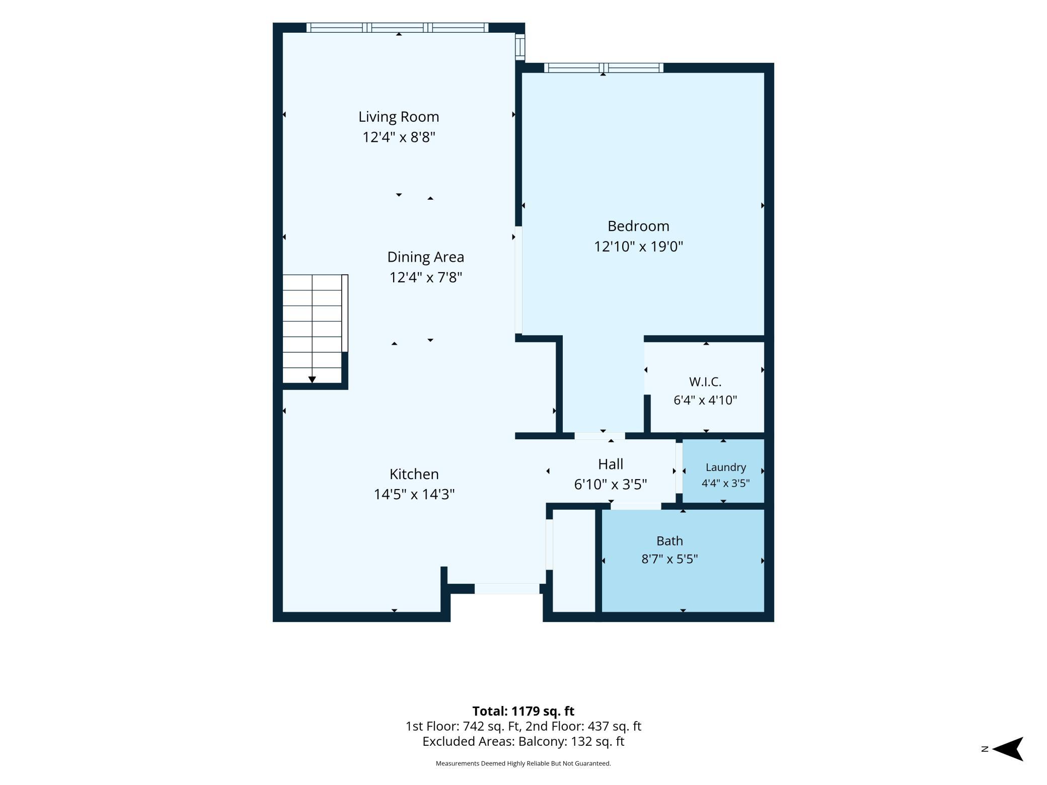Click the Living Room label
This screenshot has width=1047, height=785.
pyautogui.click(x=399, y=117)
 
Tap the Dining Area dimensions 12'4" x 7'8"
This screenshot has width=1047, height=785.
pyautogui.click(x=425, y=277)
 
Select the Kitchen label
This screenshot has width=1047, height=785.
pyautogui.click(x=414, y=474)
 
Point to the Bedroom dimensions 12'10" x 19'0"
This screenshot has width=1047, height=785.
pyautogui.click(x=638, y=247)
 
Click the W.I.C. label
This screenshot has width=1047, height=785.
pyautogui.click(x=705, y=382)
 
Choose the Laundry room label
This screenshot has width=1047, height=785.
pyautogui.click(x=725, y=467)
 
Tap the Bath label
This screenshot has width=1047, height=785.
pyautogui.click(x=669, y=541)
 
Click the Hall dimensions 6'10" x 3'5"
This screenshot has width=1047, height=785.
pyautogui.click(x=611, y=484)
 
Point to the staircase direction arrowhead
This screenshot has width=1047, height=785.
pyautogui.click(x=312, y=379)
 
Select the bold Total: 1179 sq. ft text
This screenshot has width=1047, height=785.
pyautogui.click(x=523, y=711)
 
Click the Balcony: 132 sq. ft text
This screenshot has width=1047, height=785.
pyautogui.click(x=571, y=741)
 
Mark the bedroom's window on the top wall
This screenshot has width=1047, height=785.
pyautogui.click(x=604, y=68)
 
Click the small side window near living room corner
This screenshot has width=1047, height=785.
pyautogui.click(x=520, y=47)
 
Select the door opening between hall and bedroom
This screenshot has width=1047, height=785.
pyautogui.click(x=600, y=436)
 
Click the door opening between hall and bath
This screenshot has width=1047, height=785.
pyautogui.click(x=636, y=506)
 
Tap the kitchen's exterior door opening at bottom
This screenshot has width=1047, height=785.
pyautogui.click(x=507, y=588)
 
